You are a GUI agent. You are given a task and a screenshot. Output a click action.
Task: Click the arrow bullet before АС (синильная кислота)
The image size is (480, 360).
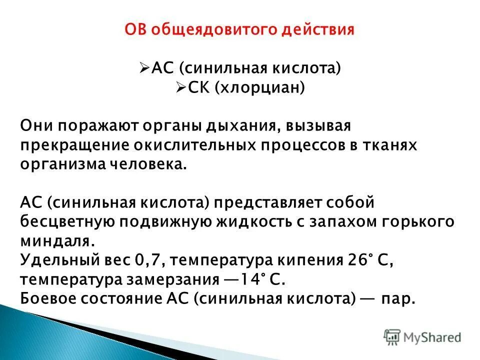point(143,67)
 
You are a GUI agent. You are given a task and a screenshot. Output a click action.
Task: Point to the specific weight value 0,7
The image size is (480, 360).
point(146,260)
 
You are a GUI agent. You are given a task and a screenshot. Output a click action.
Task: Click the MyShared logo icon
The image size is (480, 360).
point(392,336)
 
